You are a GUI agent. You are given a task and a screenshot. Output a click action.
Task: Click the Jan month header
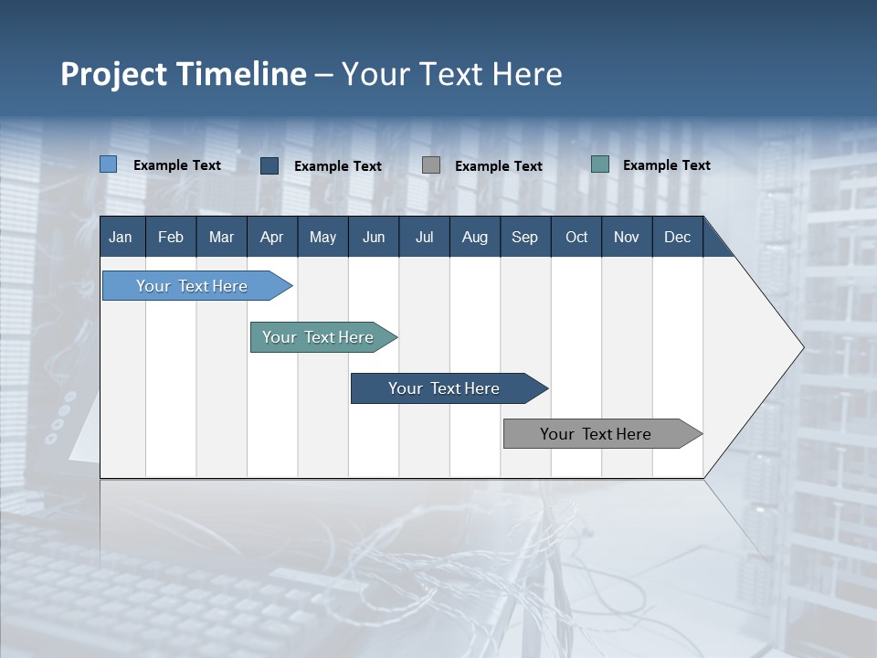pos(121,237)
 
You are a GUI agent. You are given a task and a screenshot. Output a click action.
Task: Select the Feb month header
pos(171,237)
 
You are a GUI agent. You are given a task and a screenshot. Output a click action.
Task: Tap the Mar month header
pos(221,237)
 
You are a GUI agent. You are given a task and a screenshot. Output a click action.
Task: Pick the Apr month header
pos(271,237)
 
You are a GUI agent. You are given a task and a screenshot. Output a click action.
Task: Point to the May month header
pos(322,237)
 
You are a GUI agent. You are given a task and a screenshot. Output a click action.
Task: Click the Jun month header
pos(374,237)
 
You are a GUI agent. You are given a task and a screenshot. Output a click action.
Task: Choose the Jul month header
pos(424,237)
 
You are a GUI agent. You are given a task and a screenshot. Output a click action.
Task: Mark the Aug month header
pos(475,237)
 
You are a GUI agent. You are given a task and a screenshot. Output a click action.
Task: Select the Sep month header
pos(525,237)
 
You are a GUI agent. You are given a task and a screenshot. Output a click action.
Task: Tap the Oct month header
pos(576,237)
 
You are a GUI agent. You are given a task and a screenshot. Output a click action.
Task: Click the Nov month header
pos(627,237)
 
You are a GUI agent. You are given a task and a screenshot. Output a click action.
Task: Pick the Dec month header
pos(678,237)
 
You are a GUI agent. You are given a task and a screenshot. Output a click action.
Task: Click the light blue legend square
pos(109,164)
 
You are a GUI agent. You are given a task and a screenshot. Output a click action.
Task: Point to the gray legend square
pos(431,164)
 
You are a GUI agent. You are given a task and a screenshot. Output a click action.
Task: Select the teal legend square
pos(600,164)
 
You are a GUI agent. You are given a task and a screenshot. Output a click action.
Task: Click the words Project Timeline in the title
pos(184,74)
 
